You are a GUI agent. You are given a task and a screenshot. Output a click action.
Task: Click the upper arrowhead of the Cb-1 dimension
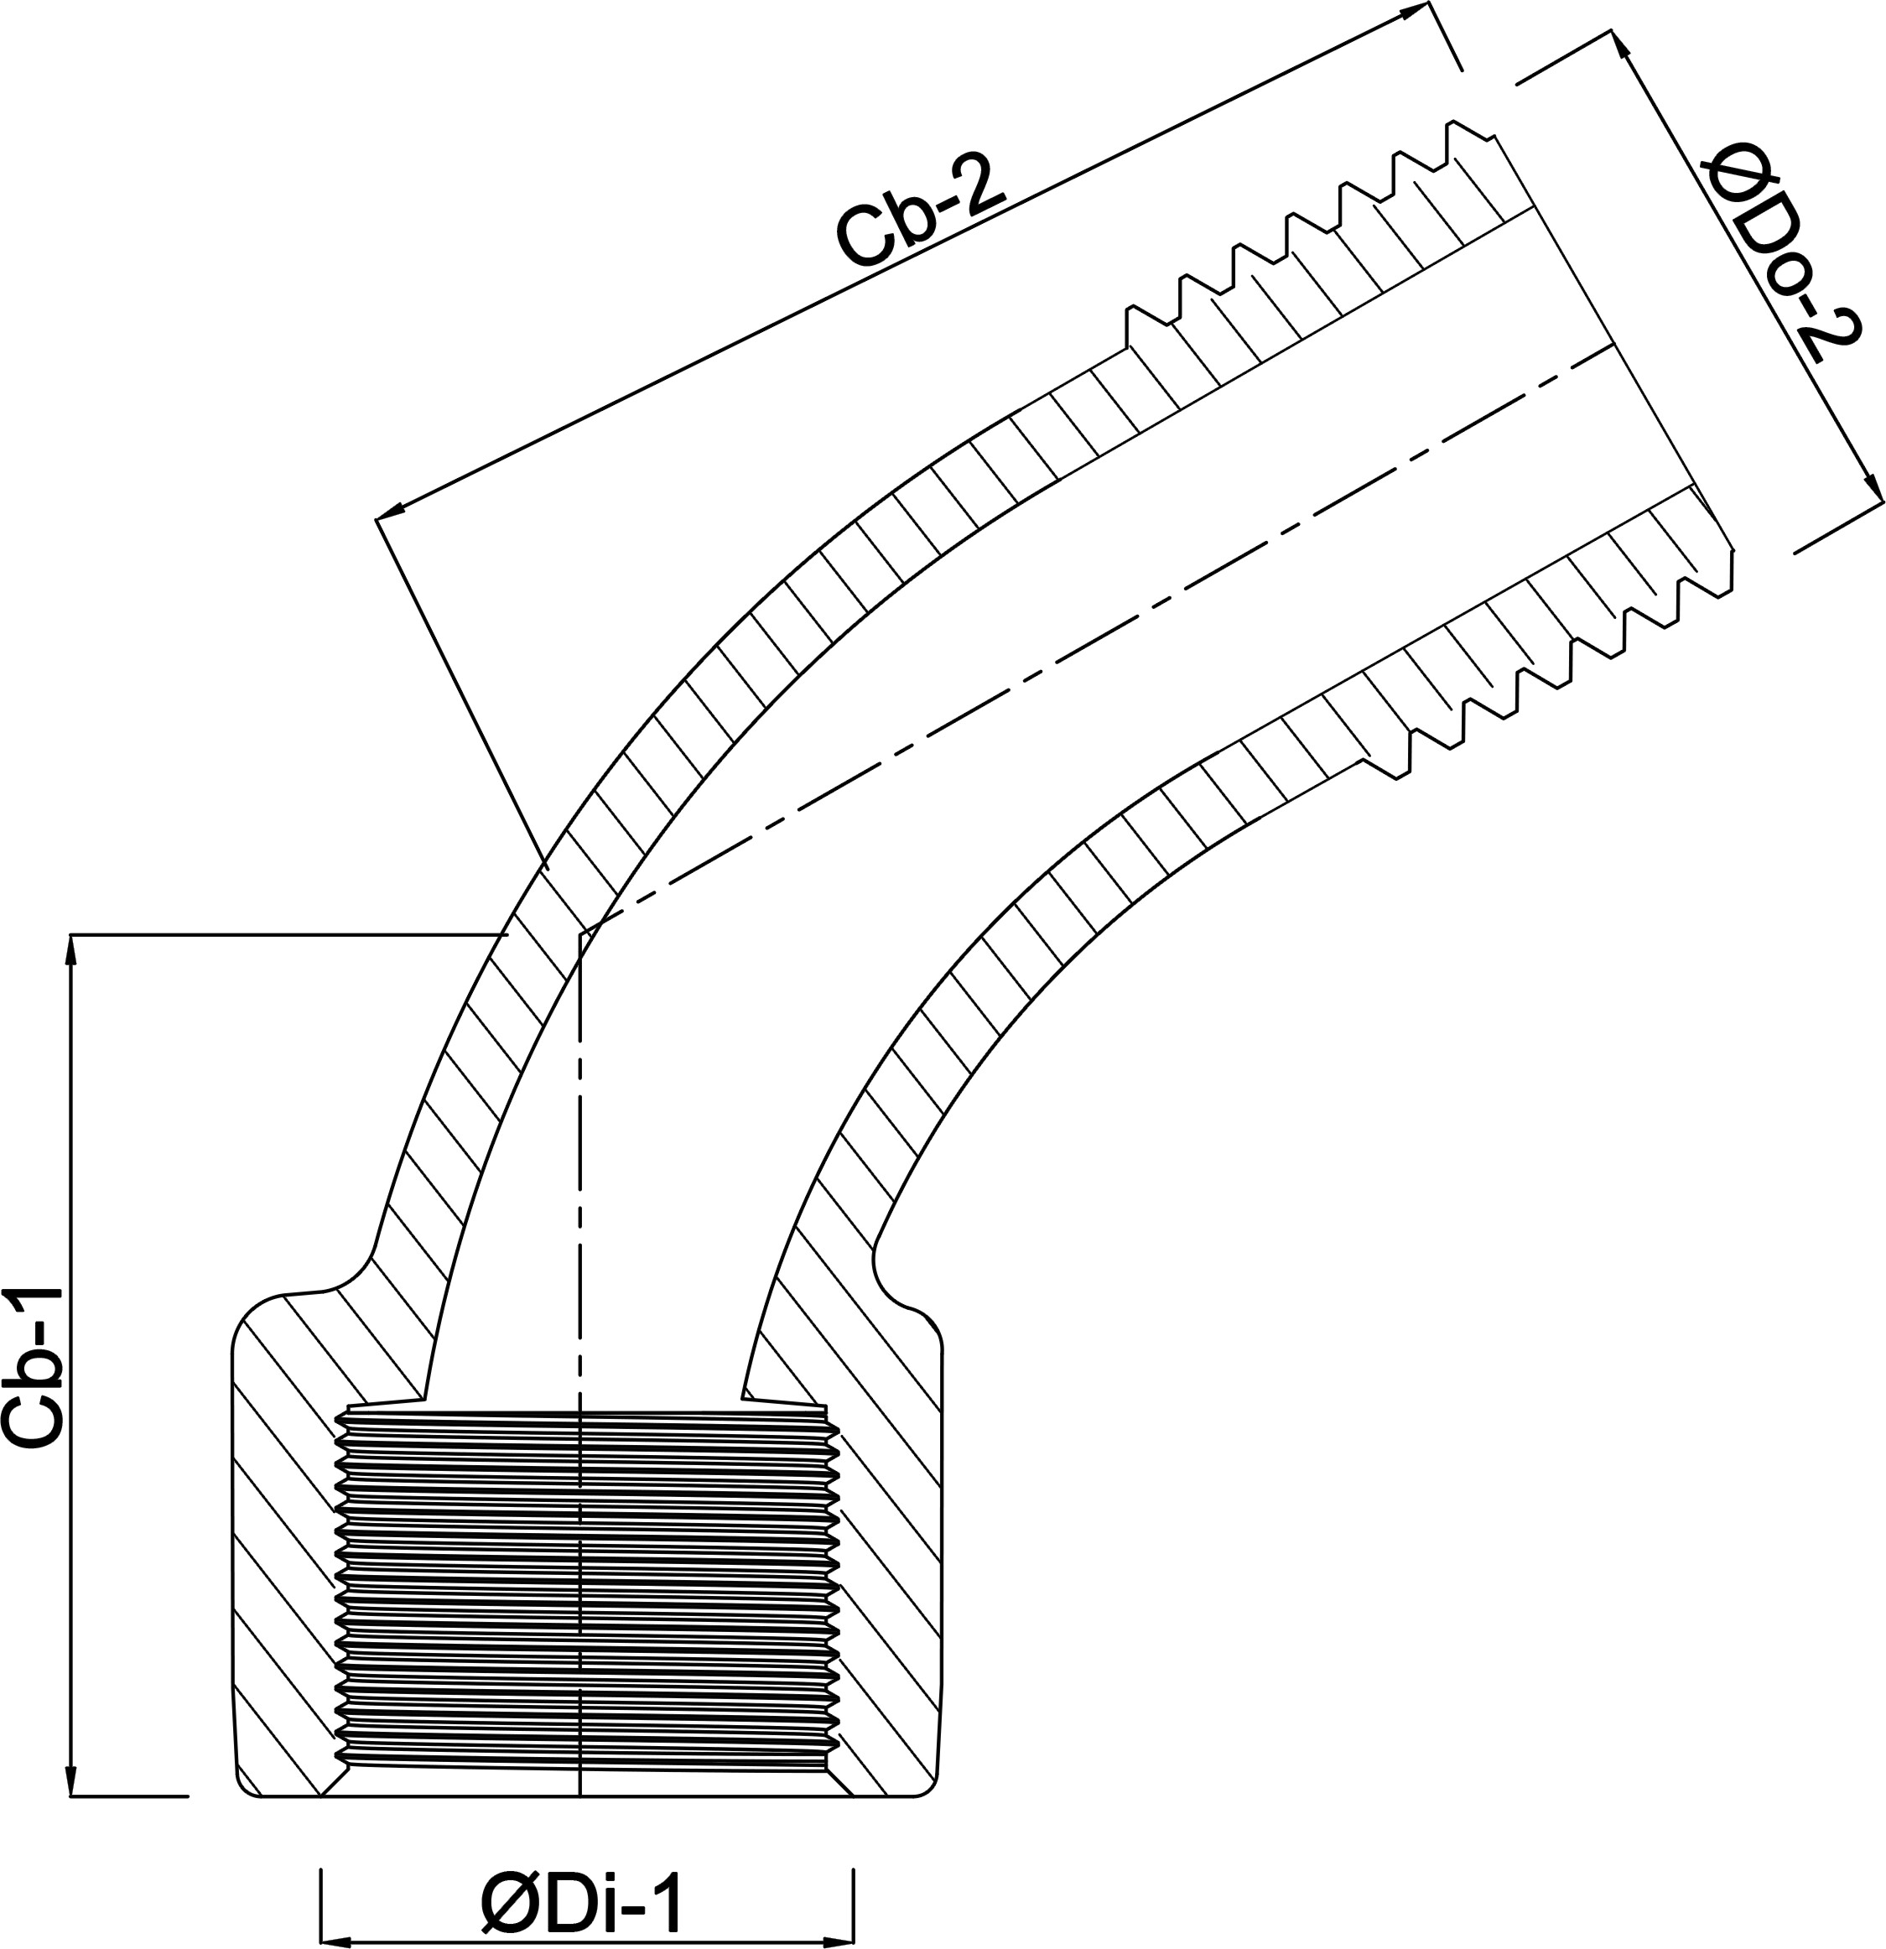pyautogui.click(x=70, y=949)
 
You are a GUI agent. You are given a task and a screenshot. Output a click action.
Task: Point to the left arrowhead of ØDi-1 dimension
pyautogui.click(x=334, y=1940)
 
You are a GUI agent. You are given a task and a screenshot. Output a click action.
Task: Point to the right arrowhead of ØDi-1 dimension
pyautogui.click(x=840, y=1940)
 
